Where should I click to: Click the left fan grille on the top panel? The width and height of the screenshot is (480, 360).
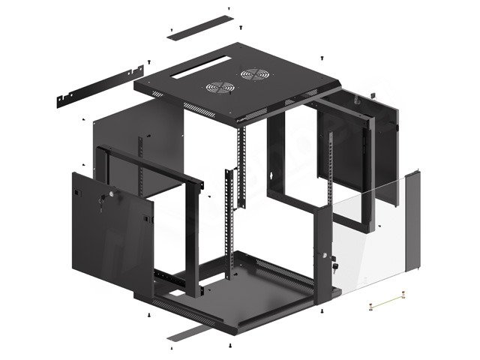coord(218,87)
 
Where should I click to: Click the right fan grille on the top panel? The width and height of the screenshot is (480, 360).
coord(254,76)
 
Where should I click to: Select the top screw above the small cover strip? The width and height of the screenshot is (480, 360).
coord(228,9)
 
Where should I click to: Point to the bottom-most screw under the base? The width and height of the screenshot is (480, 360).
coord(229,346)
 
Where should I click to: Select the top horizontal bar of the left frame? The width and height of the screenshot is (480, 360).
coord(154,164)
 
